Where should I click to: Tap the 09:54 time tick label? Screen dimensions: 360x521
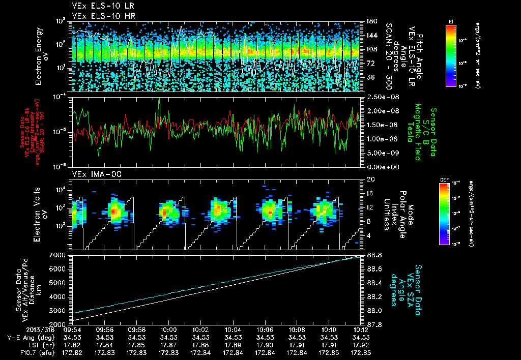click(x=72, y=329)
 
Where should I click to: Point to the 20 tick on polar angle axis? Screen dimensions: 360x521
click(x=370, y=179)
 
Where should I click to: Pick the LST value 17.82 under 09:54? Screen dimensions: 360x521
click(x=72, y=344)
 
